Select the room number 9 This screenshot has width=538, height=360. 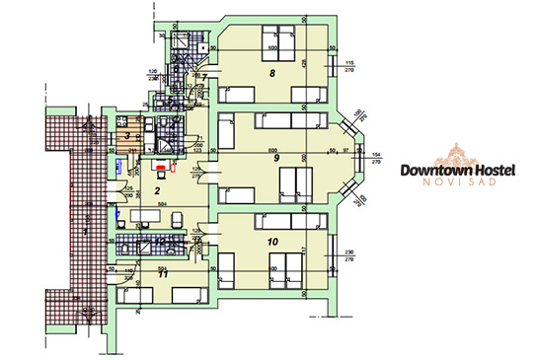pos(276,158)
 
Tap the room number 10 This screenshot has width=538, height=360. pos(273,239)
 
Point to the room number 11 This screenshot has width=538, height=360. pos(162,272)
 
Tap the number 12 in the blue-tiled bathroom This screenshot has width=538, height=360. pos(159,241)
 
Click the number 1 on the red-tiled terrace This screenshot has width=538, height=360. pos(85,230)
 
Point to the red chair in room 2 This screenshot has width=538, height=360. pos(157,165)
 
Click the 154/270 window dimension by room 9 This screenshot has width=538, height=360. pos(375,158)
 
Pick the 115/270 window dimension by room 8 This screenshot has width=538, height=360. pos(348,67)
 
